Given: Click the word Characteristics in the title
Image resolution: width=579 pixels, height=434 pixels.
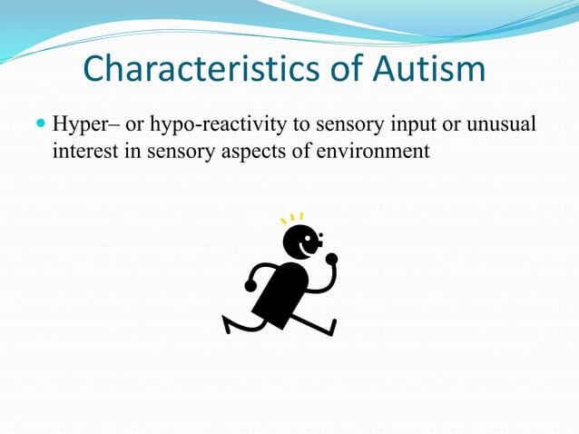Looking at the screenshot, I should point(182,70).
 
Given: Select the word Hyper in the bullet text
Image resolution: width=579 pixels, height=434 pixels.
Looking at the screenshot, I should point(79,123).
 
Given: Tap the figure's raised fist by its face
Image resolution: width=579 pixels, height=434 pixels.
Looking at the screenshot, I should point(331,259).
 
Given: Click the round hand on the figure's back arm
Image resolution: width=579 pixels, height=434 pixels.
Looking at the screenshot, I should point(250,285).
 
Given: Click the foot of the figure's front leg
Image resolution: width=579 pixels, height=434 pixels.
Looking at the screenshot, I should point(331,326).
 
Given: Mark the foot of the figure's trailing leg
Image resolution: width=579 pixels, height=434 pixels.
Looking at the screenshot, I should point(229,322).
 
